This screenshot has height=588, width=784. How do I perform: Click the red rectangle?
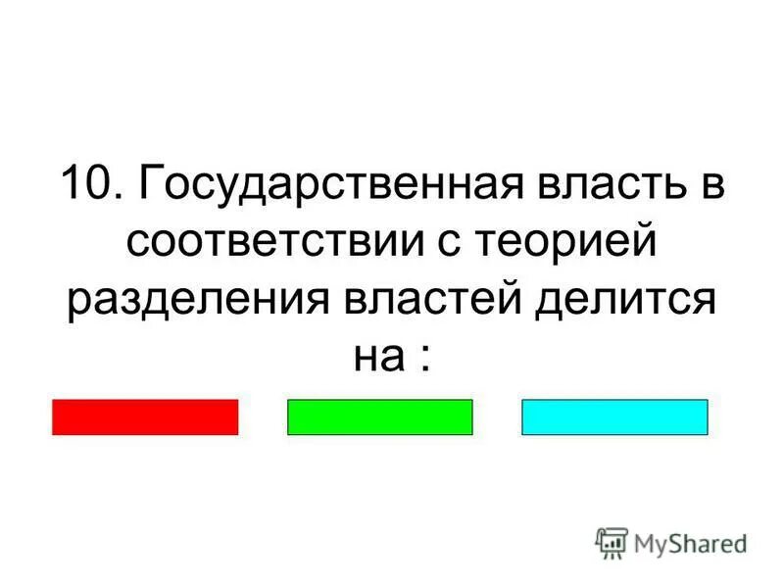tap(145, 416)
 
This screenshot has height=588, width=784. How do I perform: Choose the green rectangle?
tap(379, 416)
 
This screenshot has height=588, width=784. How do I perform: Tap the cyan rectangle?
tap(614, 416)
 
